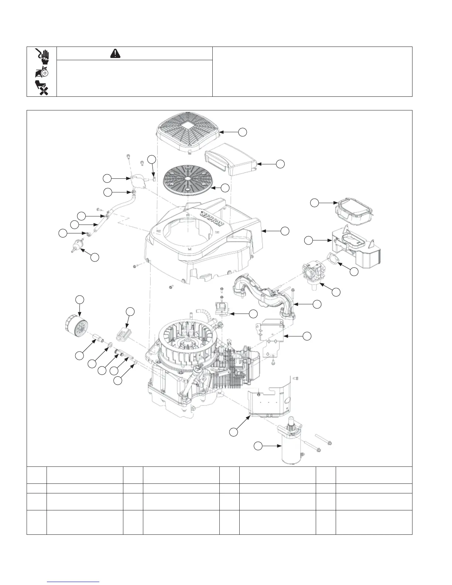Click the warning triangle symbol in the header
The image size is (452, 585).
click(x=115, y=54)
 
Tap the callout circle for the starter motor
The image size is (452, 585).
click(x=258, y=446)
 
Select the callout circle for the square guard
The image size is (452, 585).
click(x=242, y=131)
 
